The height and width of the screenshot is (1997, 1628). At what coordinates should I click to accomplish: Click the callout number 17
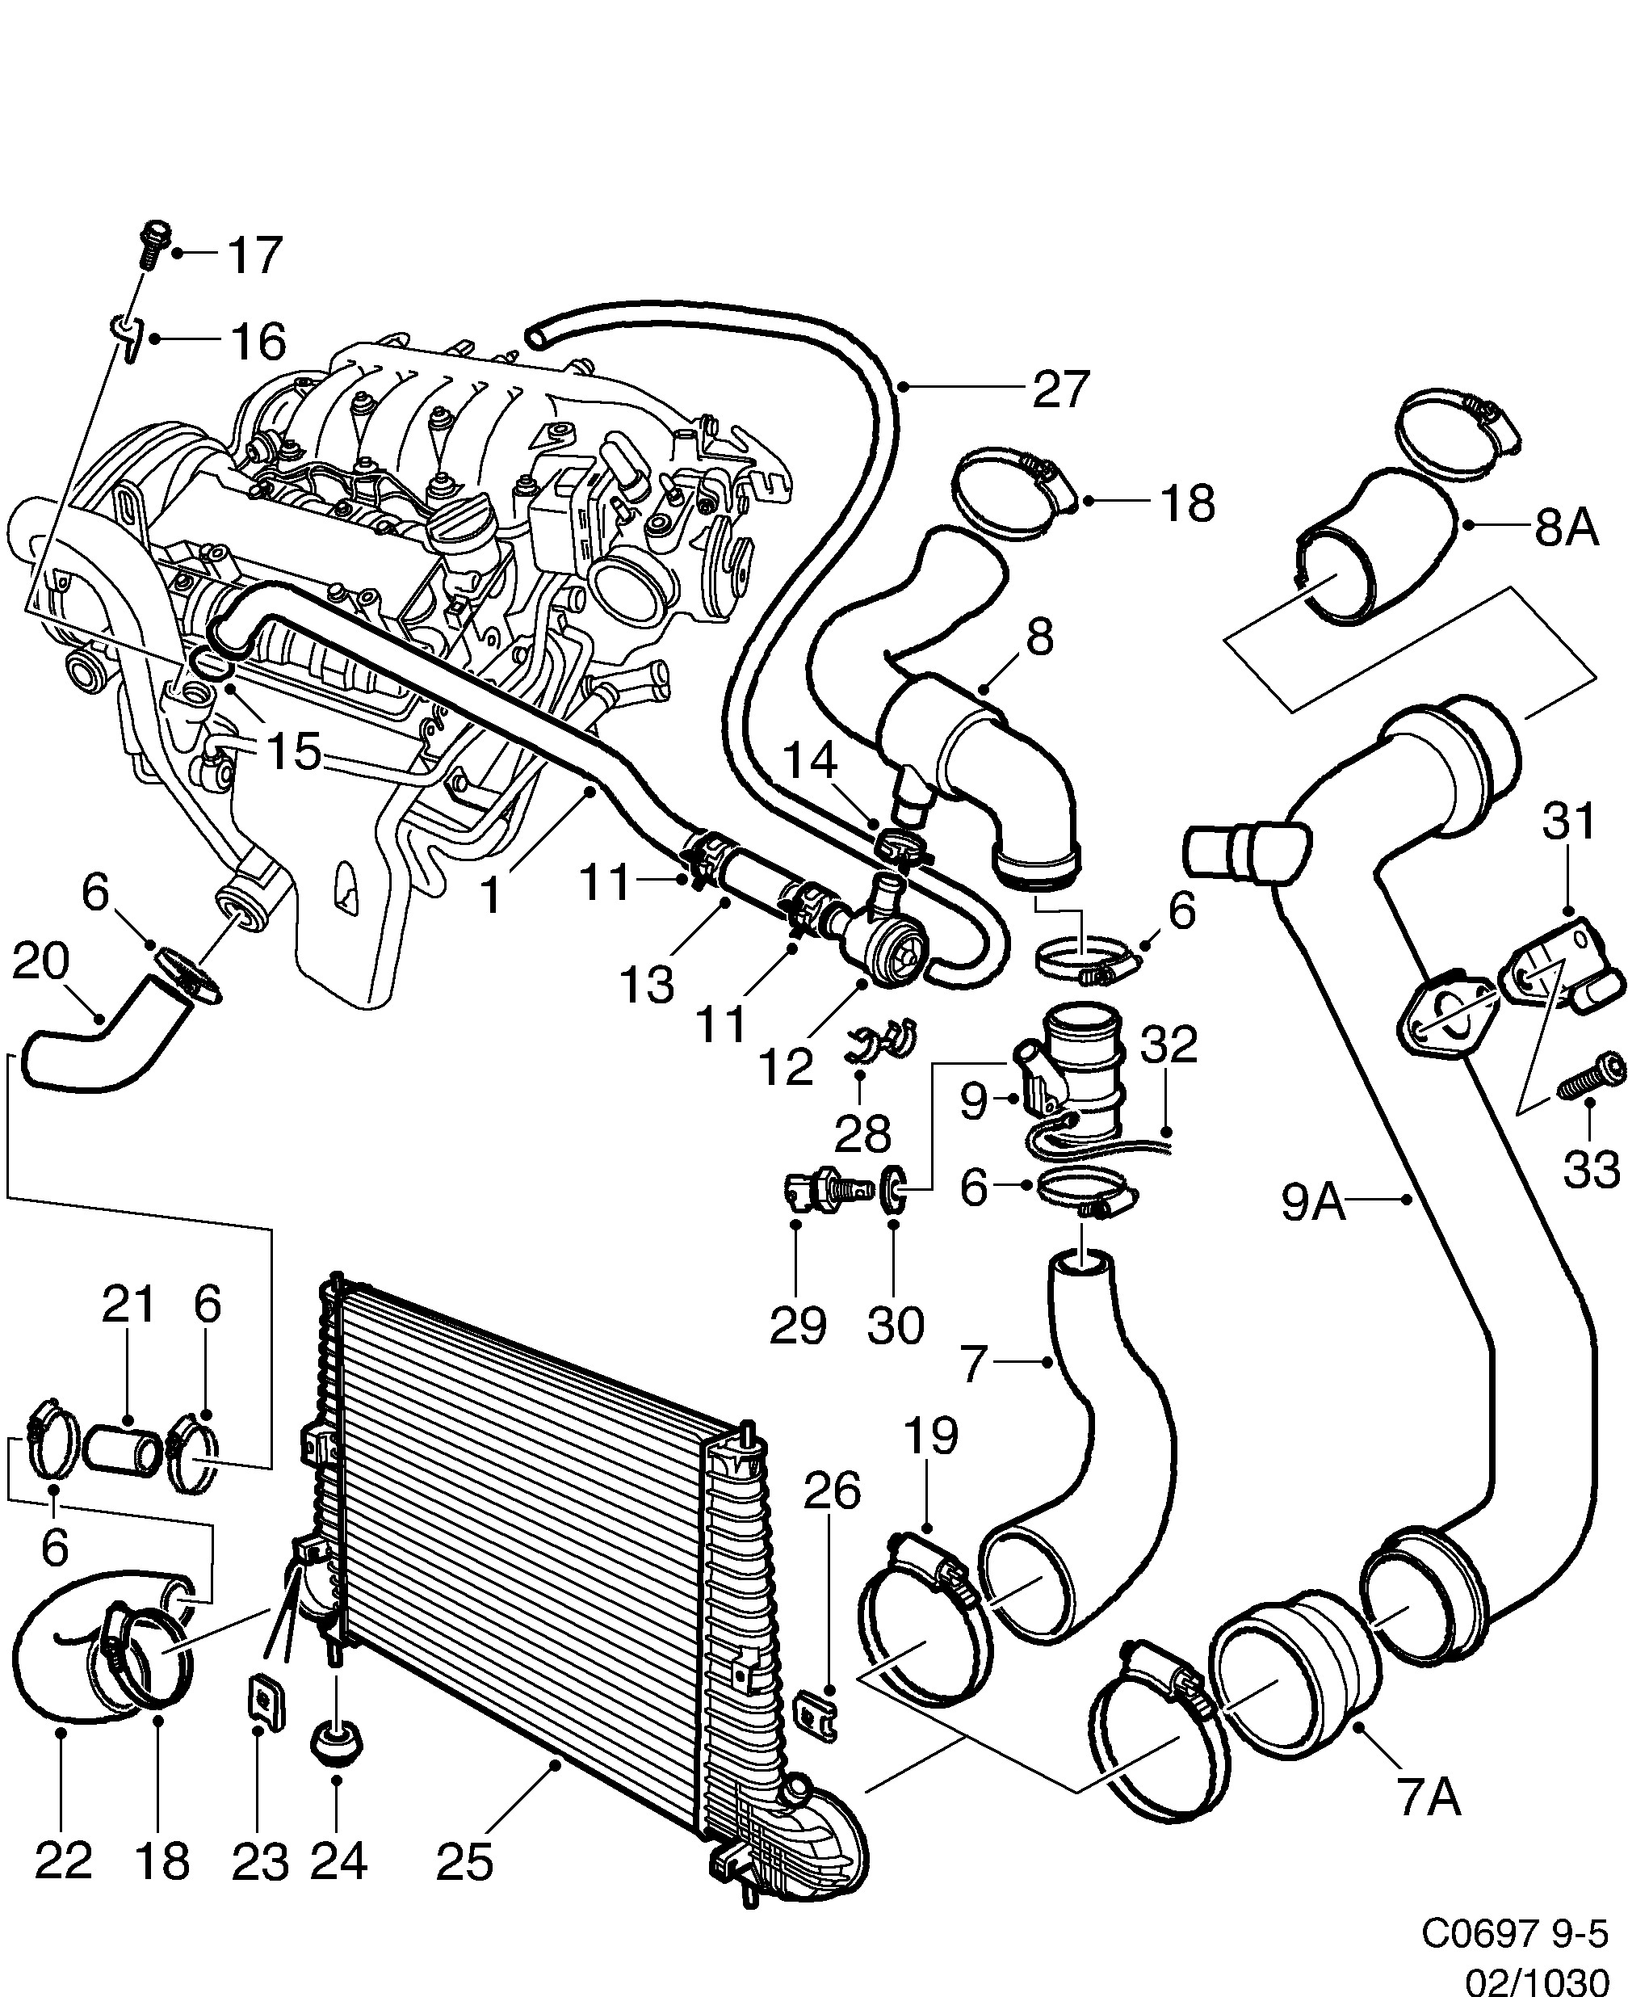(x=255, y=255)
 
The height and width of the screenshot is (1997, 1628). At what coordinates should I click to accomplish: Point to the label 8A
(x=1566, y=528)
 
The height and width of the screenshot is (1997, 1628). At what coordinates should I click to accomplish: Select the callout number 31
(x=1568, y=822)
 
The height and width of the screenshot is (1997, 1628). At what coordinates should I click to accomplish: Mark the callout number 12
(x=786, y=1066)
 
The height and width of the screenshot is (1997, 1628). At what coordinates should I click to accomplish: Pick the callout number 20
(x=41, y=962)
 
